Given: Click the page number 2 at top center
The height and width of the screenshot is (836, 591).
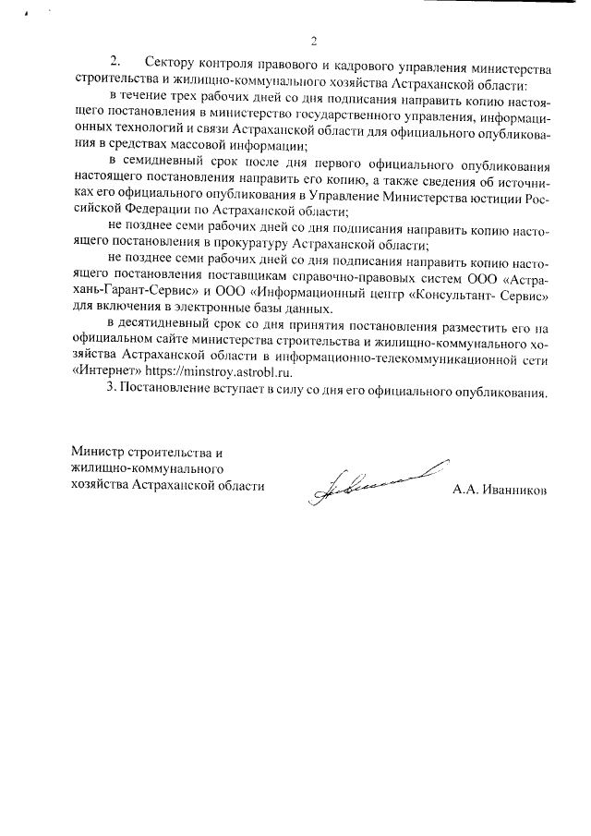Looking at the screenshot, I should (313, 41).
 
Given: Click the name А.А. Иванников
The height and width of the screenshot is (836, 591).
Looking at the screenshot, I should (499, 488).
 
